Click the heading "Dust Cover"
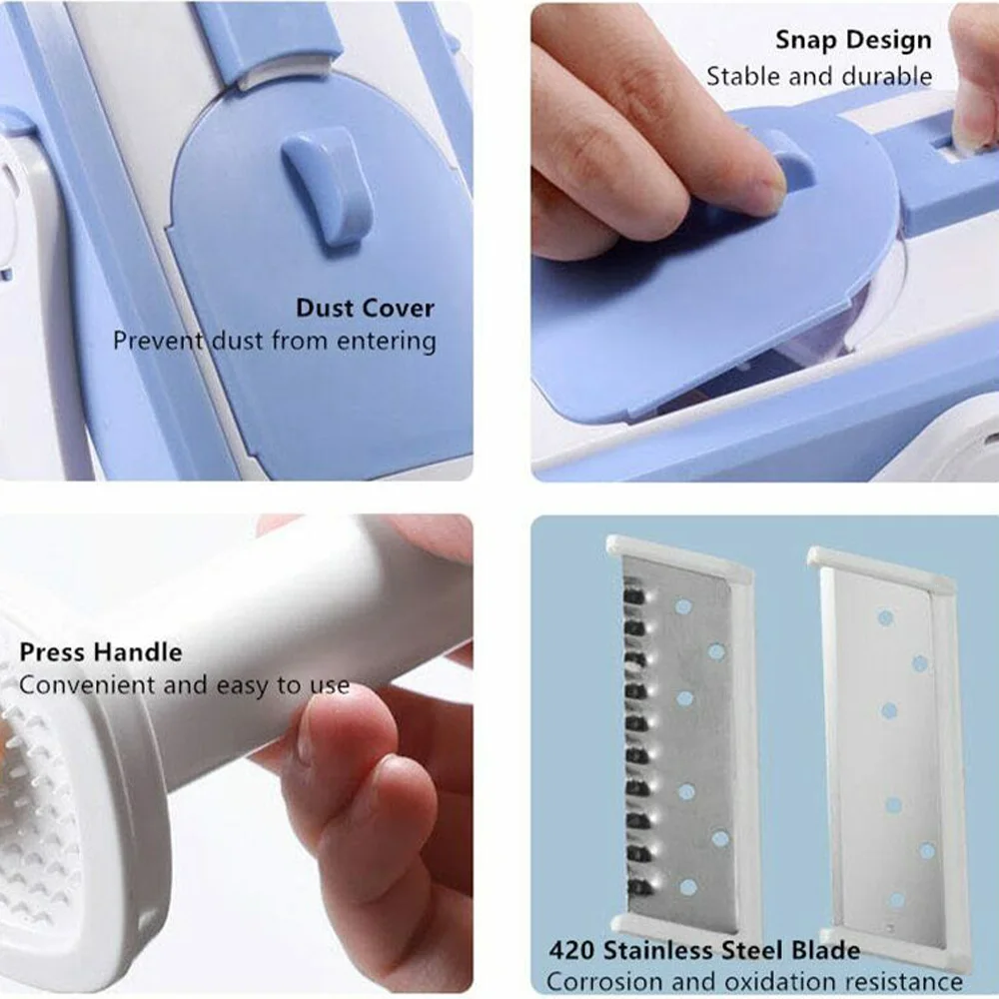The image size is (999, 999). pos(365,309)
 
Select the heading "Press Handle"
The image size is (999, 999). pos(101,652)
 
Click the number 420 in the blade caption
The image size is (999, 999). pos(570,951)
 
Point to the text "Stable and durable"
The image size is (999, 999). pos(819,77)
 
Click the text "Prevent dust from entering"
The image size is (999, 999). pos(275,341)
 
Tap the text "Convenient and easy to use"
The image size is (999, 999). pos(185,686)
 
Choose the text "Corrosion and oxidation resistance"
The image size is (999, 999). pos(754,981)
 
